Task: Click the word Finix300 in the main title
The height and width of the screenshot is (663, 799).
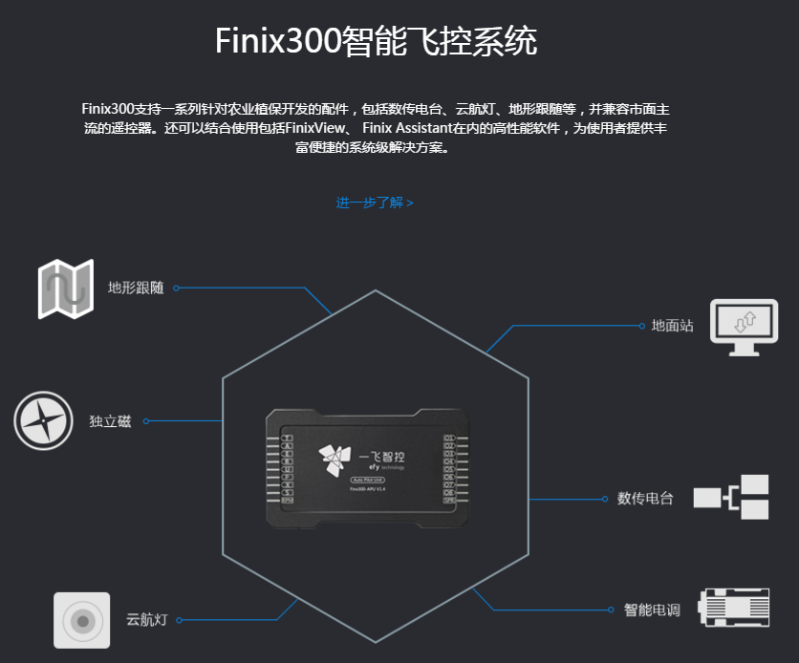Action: [277, 43]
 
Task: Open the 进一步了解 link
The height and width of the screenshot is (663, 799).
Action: [374, 203]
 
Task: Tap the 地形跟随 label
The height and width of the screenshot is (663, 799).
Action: [136, 288]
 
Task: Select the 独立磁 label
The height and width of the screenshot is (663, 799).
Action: [110, 421]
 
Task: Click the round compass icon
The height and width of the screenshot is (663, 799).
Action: [44, 420]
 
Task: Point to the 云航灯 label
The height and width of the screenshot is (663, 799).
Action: [146, 619]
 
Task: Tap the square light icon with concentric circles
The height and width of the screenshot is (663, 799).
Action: [83, 621]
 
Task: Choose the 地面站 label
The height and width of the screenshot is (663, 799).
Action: [672, 326]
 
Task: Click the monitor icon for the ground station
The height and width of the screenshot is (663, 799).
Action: [743, 327]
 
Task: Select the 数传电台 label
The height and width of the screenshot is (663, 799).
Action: [645, 499]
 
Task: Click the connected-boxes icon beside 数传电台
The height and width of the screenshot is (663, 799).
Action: [731, 497]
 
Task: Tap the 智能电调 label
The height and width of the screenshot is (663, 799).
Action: [652, 610]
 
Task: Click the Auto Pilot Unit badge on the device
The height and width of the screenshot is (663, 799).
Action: [368, 479]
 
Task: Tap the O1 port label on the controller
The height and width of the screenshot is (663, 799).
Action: [449, 438]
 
